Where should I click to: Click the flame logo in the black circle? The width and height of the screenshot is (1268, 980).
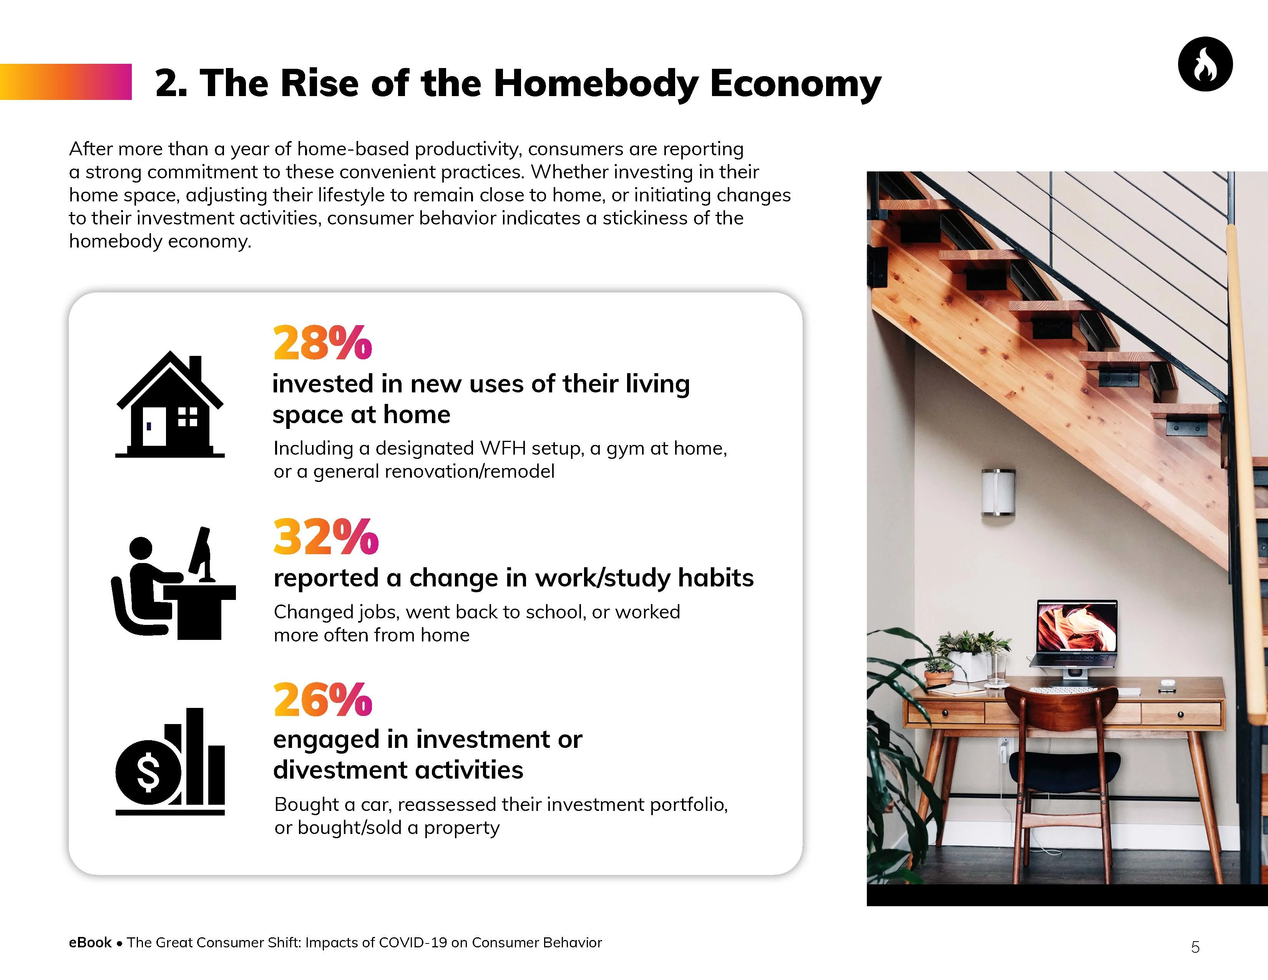[1205, 64]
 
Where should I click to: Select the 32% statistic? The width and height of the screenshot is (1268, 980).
[326, 537]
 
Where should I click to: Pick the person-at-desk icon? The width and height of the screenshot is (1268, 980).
[173, 583]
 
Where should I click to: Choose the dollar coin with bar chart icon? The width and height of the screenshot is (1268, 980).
[169, 761]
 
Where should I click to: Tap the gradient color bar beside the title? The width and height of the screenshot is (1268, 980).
[66, 82]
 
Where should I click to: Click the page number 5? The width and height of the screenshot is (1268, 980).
[1195, 947]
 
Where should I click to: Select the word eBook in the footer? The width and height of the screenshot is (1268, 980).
[90, 942]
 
